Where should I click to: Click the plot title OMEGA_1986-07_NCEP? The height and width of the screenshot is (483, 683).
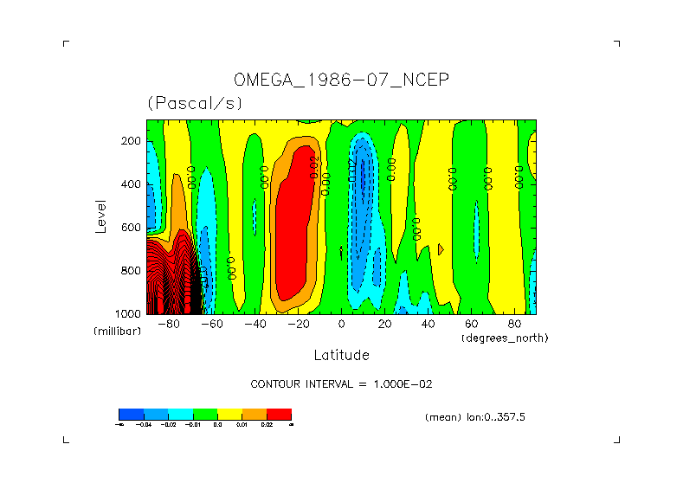pos(341,80)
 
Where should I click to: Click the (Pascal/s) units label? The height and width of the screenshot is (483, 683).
pos(195,103)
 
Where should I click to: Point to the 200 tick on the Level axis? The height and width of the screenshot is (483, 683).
pos(132,140)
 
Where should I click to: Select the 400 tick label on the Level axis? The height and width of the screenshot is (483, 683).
pos(132,184)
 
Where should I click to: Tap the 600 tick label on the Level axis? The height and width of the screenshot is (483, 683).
pos(132,227)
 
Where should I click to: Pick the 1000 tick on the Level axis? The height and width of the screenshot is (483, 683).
pos(129,312)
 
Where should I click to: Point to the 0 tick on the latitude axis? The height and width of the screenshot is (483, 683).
pos(341,324)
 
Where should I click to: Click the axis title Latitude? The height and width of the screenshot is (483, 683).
pos(341,355)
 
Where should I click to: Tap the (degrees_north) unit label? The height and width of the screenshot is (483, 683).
pos(505,337)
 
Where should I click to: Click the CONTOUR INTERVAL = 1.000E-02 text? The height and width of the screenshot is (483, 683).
pos(347,383)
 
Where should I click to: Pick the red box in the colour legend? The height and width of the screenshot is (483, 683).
pos(279,414)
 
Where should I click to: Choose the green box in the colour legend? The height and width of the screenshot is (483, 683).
pos(205,414)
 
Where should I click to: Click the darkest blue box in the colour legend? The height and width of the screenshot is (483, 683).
pos(131,414)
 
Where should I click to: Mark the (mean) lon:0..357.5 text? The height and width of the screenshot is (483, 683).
pos(475,416)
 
